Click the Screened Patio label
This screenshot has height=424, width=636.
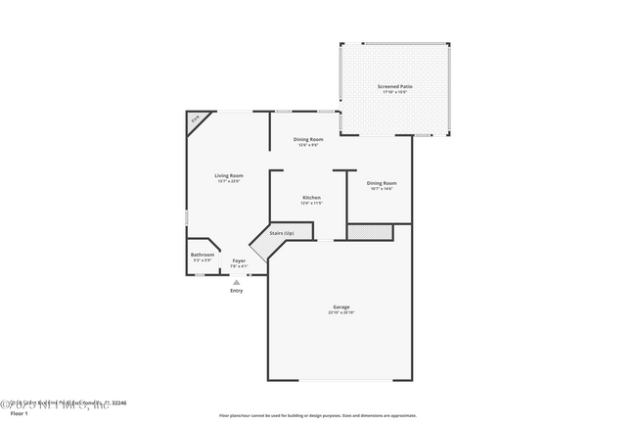(395, 86)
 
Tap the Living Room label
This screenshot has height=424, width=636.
(229, 175)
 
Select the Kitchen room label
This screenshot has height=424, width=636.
(311, 197)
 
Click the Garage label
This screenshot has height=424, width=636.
(341, 306)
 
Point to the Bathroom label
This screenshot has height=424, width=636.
(203, 255)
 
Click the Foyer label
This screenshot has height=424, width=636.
(239, 260)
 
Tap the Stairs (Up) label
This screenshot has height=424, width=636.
(282, 233)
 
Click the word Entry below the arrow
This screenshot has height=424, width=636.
(237, 291)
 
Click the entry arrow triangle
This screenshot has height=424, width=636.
(236, 282)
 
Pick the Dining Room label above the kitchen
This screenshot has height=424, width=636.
(308, 139)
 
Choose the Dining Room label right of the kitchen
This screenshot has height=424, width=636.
(382, 183)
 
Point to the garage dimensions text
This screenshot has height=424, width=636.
(341, 312)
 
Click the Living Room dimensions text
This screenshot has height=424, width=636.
(229, 181)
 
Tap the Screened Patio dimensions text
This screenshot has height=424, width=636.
(395, 92)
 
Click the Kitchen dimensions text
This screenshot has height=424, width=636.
(311, 203)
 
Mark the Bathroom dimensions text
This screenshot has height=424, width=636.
(203, 260)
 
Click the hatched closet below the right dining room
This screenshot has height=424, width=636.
(370, 232)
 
